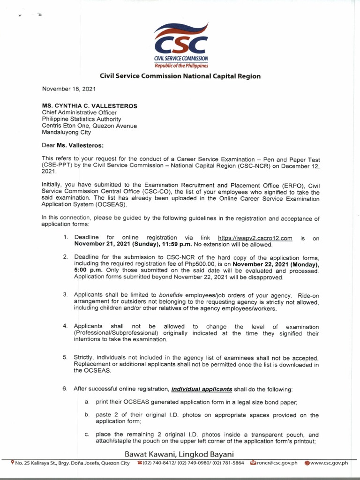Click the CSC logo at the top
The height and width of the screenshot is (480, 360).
[x=181, y=45]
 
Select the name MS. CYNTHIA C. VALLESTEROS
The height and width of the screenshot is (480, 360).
[x=90, y=106]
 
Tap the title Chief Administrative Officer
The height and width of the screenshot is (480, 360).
[x=79, y=112]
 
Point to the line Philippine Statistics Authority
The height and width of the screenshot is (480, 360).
[x=82, y=119]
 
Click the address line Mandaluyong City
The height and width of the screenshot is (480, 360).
[x=66, y=133]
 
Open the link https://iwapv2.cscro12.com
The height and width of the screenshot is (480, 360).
[x=255, y=238]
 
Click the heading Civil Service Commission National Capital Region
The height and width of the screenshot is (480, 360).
[x=180, y=76]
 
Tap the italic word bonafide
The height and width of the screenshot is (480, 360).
[x=173, y=295]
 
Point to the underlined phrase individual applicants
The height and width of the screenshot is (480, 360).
[x=202, y=389]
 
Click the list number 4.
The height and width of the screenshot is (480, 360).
[x=65, y=326]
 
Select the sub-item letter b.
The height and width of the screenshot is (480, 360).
[x=87, y=415]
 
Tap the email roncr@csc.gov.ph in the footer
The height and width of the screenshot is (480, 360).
[x=277, y=463]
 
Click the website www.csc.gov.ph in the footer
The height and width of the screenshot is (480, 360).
[x=329, y=463]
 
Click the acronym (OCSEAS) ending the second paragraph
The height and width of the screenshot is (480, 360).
[x=111, y=205]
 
